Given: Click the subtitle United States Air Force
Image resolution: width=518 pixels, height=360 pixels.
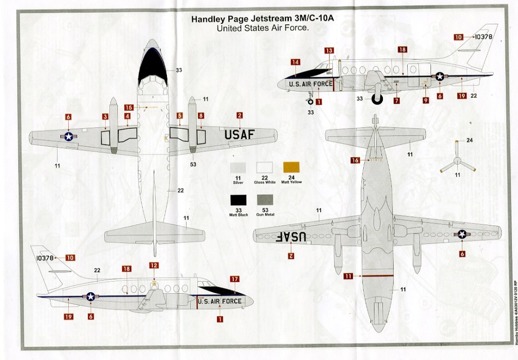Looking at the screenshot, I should tap(263, 28).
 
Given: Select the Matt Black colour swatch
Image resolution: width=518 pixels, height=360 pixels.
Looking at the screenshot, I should tap(237, 202).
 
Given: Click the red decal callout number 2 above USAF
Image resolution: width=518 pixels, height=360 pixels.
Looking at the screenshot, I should tap(239, 115).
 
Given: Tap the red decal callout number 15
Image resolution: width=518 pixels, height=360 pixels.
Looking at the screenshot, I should tap(128, 107).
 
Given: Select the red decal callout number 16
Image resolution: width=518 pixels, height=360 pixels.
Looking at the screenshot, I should tap(355, 160).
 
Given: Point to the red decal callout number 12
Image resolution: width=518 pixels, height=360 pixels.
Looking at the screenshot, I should tap(154, 265).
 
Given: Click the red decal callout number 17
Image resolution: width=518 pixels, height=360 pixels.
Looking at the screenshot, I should tap(234, 279).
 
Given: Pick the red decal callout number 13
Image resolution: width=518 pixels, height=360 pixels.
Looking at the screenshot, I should tap(329, 51).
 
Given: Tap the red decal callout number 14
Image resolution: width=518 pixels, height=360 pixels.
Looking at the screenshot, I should tap(295, 62).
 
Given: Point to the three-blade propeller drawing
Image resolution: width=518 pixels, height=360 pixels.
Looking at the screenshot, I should tap(457, 162).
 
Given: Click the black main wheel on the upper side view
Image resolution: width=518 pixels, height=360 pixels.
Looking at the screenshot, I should tap(377, 98).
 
